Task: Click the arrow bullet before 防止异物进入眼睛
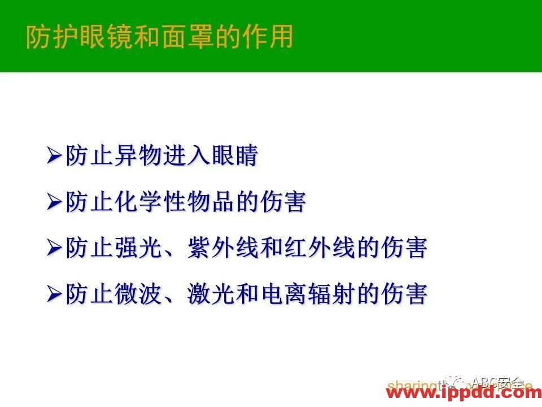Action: click(55, 155)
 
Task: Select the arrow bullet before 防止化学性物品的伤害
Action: click(55, 202)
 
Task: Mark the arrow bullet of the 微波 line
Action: click(55, 295)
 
